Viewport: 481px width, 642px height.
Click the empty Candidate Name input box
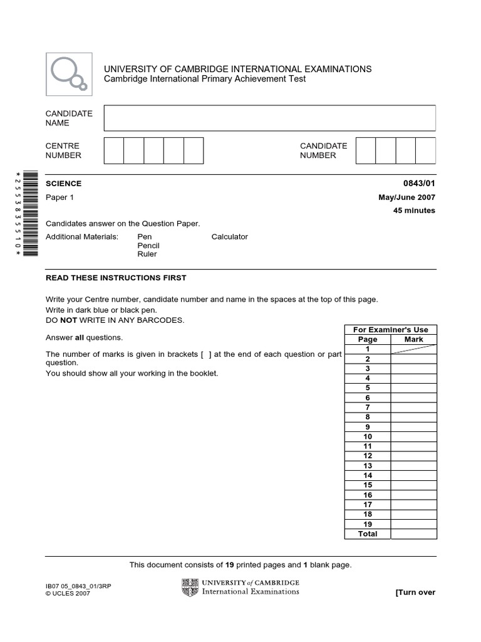(x=269, y=118)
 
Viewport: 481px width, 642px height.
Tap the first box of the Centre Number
(x=114, y=151)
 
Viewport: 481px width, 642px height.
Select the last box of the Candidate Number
(x=425, y=151)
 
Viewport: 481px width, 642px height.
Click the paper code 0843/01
(x=419, y=184)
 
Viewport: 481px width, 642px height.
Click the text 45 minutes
(x=414, y=211)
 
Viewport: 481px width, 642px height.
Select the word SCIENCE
(x=64, y=184)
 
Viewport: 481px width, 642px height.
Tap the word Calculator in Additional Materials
(x=229, y=237)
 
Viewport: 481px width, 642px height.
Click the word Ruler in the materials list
(x=147, y=255)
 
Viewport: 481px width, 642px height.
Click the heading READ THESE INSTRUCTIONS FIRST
(x=116, y=278)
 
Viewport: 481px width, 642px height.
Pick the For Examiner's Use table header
(x=391, y=330)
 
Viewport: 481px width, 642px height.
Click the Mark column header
(x=414, y=339)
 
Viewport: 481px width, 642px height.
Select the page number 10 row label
(x=368, y=436)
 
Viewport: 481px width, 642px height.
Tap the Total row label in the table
(x=368, y=534)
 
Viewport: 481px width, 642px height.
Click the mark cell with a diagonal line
(x=414, y=349)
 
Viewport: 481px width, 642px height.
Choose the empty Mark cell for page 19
(x=414, y=524)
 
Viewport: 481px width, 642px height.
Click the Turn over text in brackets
(x=415, y=592)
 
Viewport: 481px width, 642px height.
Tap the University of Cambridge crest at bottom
(x=190, y=587)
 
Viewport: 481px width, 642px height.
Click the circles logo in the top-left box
(x=69, y=74)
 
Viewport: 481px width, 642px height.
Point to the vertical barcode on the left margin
(x=29, y=213)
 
